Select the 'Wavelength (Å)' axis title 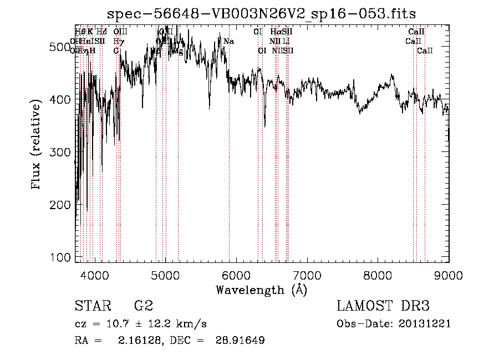[x=261, y=290]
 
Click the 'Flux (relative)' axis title [x=37, y=145]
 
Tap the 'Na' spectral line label [x=228, y=41]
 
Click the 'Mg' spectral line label [x=178, y=50]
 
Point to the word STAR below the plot [x=92, y=306]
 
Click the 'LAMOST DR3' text [x=383, y=306]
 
